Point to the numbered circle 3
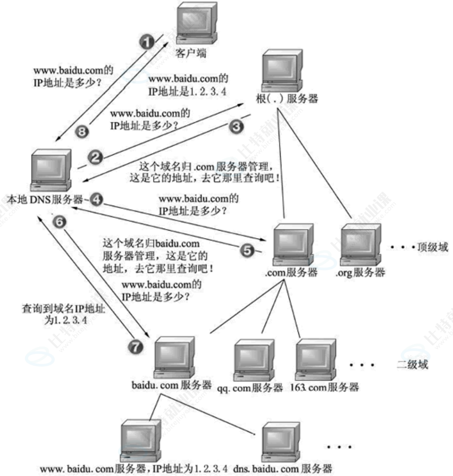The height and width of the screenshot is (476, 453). tap(236, 126)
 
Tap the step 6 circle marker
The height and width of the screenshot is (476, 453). tap(61, 221)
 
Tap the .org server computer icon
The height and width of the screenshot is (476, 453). tap(360, 244)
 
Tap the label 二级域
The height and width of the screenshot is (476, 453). tap(412, 365)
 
